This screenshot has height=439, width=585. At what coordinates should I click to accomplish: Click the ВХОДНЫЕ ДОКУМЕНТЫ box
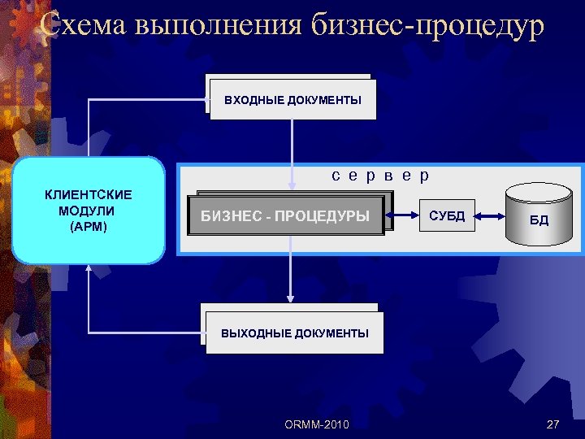[292, 99]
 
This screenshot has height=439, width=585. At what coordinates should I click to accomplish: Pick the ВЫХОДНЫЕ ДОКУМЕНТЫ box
[293, 332]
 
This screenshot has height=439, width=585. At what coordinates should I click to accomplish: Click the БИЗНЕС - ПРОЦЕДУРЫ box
[286, 216]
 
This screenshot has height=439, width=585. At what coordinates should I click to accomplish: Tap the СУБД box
[447, 215]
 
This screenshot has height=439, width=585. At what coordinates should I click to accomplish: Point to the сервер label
[380, 175]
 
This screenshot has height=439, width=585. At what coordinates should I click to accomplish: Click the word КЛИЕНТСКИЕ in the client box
[89, 196]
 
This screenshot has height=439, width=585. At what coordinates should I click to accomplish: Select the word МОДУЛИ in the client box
[89, 211]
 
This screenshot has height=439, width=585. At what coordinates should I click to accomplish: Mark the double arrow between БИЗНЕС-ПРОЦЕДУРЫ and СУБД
[404, 216]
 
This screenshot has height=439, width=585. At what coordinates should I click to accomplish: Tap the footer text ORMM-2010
[317, 424]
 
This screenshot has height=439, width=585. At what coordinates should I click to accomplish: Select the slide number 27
[553, 424]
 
